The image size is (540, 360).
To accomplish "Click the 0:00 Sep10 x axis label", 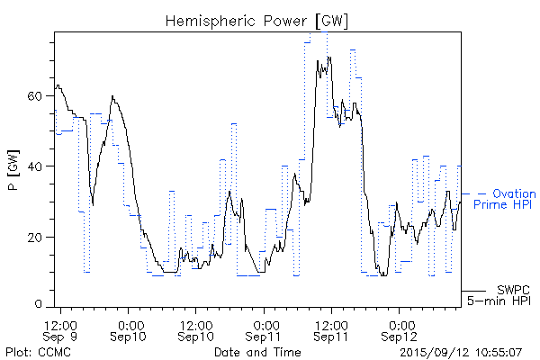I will tap(130, 329).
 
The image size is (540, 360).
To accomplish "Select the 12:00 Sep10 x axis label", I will tap(196, 329).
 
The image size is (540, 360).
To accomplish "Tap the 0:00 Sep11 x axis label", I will tap(265, 329).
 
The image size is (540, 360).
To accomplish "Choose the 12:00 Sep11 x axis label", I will tap(331, 329).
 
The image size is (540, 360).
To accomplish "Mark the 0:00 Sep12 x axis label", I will tap(400, 329).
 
